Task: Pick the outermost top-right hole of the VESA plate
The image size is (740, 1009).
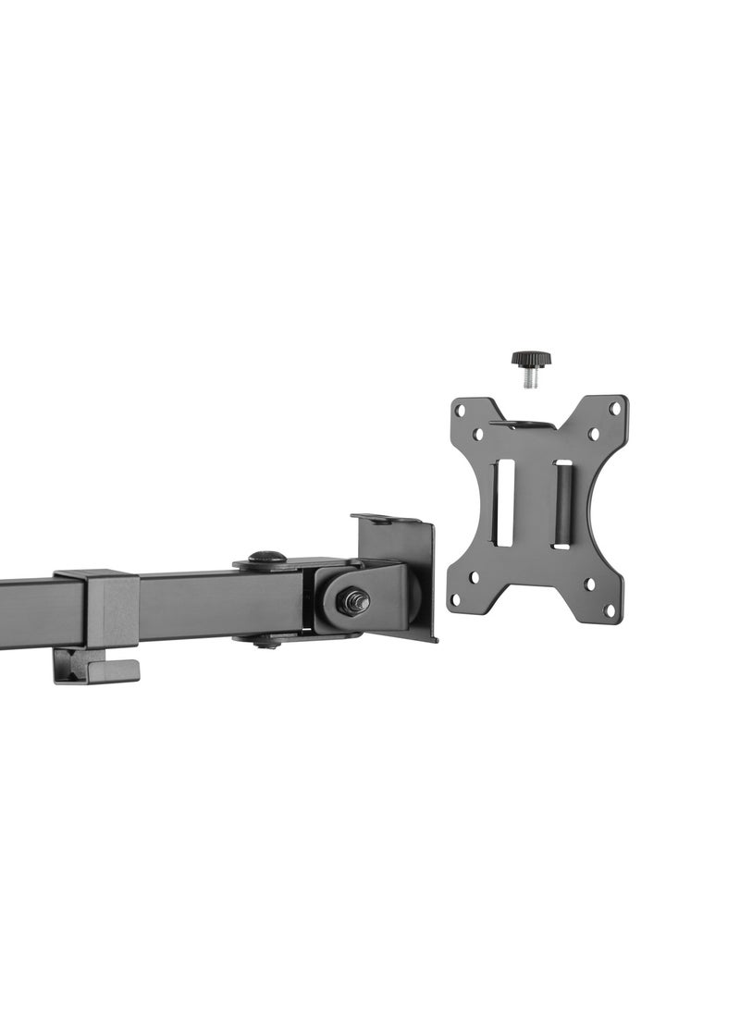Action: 614,407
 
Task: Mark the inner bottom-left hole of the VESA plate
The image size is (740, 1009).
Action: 475,576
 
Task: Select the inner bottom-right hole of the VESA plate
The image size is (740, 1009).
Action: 588,584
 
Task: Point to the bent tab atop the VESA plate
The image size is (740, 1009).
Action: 523,425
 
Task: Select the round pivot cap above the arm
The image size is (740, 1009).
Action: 267,559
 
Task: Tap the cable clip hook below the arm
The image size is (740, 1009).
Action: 92,667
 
